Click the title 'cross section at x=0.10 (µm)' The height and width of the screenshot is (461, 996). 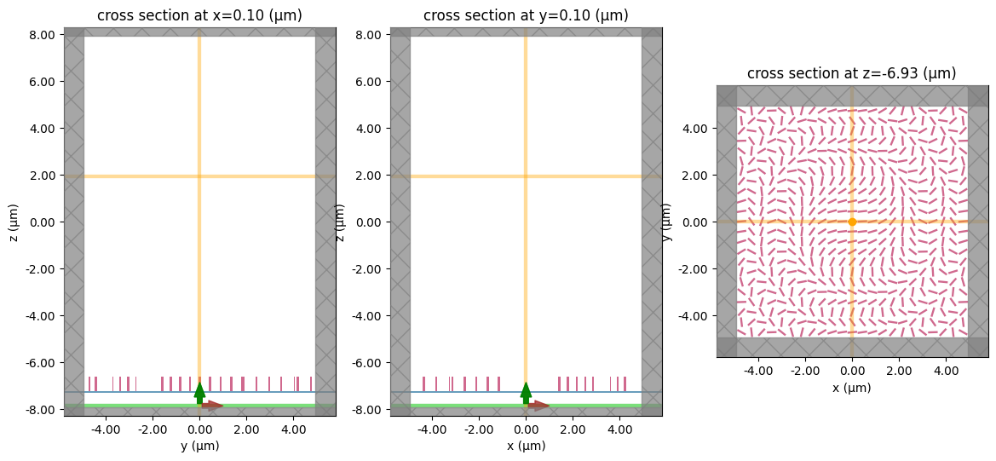[199, 15]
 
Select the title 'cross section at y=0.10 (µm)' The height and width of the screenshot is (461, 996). [526, 15]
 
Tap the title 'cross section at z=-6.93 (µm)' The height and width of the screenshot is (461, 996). [852, 73]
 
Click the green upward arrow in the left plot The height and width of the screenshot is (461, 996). [199, 393]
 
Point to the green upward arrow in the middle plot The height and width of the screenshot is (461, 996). [526, 393]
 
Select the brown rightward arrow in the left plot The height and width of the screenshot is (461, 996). [212, 406]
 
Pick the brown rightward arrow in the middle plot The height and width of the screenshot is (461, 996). [538, 406]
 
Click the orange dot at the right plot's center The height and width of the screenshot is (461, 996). [852, 222]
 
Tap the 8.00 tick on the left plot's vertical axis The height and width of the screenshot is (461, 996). [42, 35]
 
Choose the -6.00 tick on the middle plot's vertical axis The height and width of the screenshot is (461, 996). [368, 362]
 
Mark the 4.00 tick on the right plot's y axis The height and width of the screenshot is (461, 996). [696, 129]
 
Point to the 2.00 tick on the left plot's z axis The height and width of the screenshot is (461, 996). [42, 176]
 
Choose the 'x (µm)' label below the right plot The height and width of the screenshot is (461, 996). [852, 388]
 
